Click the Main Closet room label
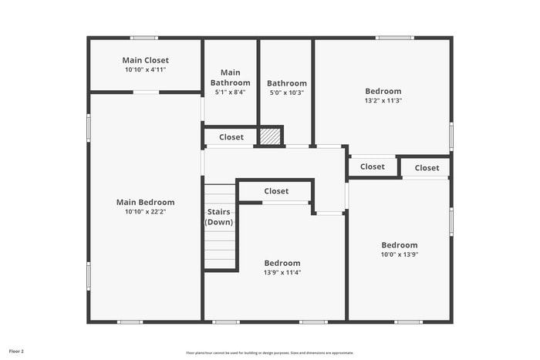click(x=145, y=60)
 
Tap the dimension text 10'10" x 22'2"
click(x=145, y=212)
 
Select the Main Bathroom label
click(x=231, y=78)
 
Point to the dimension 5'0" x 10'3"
click(x=286, y=93)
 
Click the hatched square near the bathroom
click(x=269, y=136)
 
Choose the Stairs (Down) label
click(x=219, y=217)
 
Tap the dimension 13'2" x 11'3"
click(x=383, y=100)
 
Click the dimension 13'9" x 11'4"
click(x=282, y=272)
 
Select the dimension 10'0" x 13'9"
click(x=399, y=254)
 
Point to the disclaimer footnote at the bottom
click(x=269, y=352)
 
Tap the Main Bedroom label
click(x=145, y=203)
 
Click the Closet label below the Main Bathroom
click(x=231, y=137)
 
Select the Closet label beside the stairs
click(x=276, y=191)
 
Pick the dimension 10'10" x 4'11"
click(x=145, y=69)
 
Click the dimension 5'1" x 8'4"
click(x=231, y=93)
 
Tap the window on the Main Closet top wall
click(x=143, y=38)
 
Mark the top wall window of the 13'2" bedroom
click(x=394, y=38)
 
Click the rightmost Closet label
click(x=427, y=168)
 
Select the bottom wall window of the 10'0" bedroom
click(x=408, y=321)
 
